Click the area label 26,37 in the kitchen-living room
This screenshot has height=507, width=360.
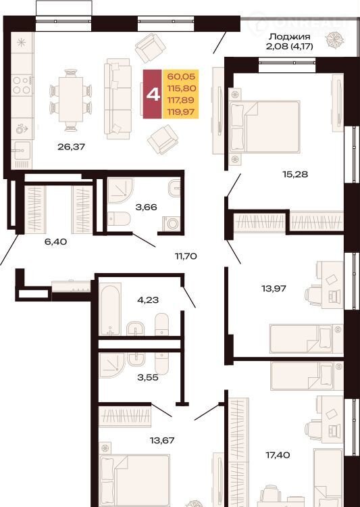tap(71, 147)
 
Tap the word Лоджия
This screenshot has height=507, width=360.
tap(290, 37)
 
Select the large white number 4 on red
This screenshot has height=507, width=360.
tap(153, 94)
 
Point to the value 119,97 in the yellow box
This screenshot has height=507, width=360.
tap(181, 112)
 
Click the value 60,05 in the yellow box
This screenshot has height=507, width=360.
tap(181, 76)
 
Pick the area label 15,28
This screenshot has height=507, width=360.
tap(295, 174)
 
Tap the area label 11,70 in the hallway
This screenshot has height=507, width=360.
tap(186, 256)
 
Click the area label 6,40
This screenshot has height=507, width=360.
tap(56, 241)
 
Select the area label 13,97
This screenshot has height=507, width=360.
tap(274, 288)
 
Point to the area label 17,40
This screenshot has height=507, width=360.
tap(278, 455)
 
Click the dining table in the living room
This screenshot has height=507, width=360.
tap(71, 100)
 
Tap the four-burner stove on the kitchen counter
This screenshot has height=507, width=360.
tap(22, 85)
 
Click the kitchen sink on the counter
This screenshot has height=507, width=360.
tap(22, 151)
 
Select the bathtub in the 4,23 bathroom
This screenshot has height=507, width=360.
tap(110, 310)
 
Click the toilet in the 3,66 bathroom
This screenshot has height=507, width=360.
tap(119, 219)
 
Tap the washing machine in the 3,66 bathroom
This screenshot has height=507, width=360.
tap(171, 224)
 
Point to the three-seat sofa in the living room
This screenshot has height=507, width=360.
tap(118, 99)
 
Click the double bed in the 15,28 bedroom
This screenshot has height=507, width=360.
tap(264, 126)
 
